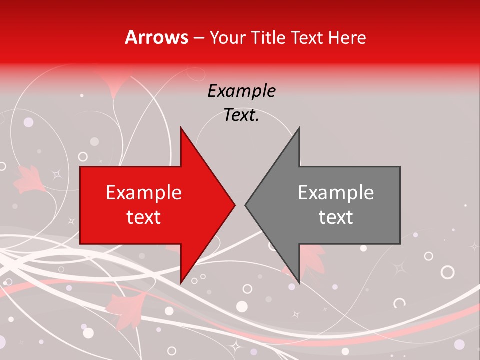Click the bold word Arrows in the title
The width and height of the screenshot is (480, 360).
click(x=157, y=37)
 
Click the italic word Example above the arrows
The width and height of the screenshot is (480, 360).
click(x=241, y=91)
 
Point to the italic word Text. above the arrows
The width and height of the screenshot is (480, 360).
click(x=241, y=115)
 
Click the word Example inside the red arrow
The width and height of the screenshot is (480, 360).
click(x=144, y=193)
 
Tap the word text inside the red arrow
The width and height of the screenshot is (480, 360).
click(x=144, y=217)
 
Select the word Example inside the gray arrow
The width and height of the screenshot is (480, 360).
click(x=336, y=193)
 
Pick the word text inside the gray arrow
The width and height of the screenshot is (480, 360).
click(x=336, y=217)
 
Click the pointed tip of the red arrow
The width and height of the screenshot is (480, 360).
click(x=234, y=205)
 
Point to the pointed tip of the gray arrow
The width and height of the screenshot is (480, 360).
click(x=245, y=205)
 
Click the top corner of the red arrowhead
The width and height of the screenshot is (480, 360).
click(x=181, y=128)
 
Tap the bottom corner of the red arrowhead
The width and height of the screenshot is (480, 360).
click(x=181, y=283)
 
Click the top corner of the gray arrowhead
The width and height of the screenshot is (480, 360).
click(x=299, y=128)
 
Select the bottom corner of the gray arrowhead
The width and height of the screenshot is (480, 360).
click(x=299, y=283)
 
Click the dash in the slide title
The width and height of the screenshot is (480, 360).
click(x=198, y=38)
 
